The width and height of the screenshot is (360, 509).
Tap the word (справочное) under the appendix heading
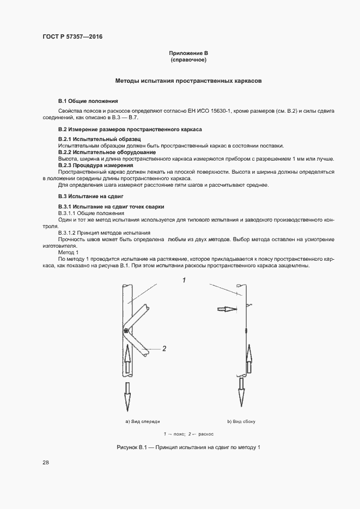188,60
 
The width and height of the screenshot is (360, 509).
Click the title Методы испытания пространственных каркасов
188,81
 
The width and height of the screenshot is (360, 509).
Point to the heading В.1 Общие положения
88,101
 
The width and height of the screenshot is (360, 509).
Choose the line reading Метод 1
69,252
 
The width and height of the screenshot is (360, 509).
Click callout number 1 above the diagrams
184,280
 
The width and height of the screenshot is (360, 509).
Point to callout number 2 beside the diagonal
164,348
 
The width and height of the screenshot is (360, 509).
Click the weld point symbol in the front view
127,331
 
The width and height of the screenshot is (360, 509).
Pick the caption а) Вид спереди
143,421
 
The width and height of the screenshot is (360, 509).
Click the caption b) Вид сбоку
241,421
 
